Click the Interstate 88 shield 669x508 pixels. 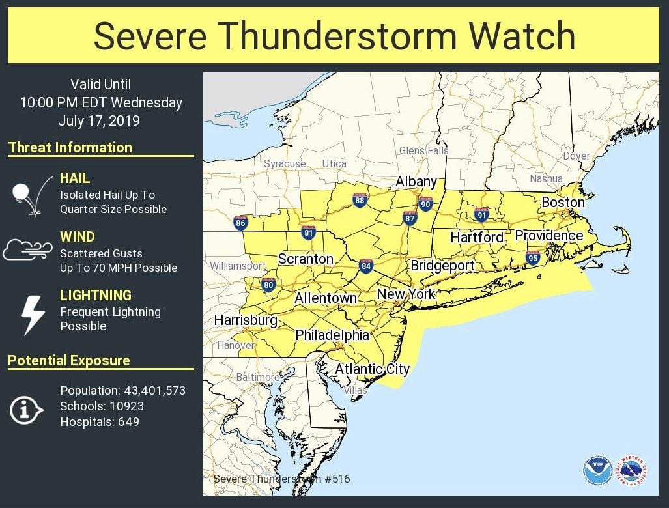pyautogui.click(x=360, y=201)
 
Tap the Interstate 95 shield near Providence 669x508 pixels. pyautogui.click(x=533, y=258)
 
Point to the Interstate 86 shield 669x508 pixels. pyautogui.click(x=240, y=223)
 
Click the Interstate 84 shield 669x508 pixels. pyautogui.click(x=365, y=266)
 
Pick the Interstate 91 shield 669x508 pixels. pyautogui.click(x=481, y=215)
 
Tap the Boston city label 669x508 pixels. pyautogui.click(x=563, y=203)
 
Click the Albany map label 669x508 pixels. pyautogui.click(x=416, y=182)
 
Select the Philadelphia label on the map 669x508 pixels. pyautogui.click(x=332, y=335)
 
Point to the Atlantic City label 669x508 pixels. pyautogui.click(x=372, y=369)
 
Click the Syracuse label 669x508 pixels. pyautogui.click(x=285, y=164)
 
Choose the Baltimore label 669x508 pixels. pyautogui.click(x=258, y=377)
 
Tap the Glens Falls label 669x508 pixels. pyautogui.click(x=423, y=150)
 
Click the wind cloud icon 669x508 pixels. pyautogui.click(x=27, y=249)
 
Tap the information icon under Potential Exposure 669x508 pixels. pyautogui.click(x=26, y=410)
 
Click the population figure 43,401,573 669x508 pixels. pyautogui.click(x=154, y=391)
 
